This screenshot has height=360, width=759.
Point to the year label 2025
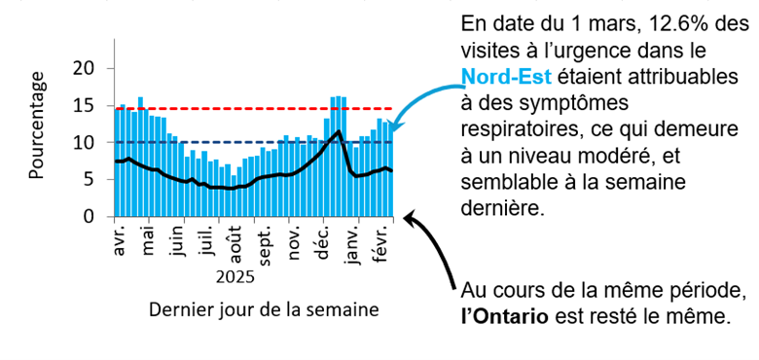tap(235, 277)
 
